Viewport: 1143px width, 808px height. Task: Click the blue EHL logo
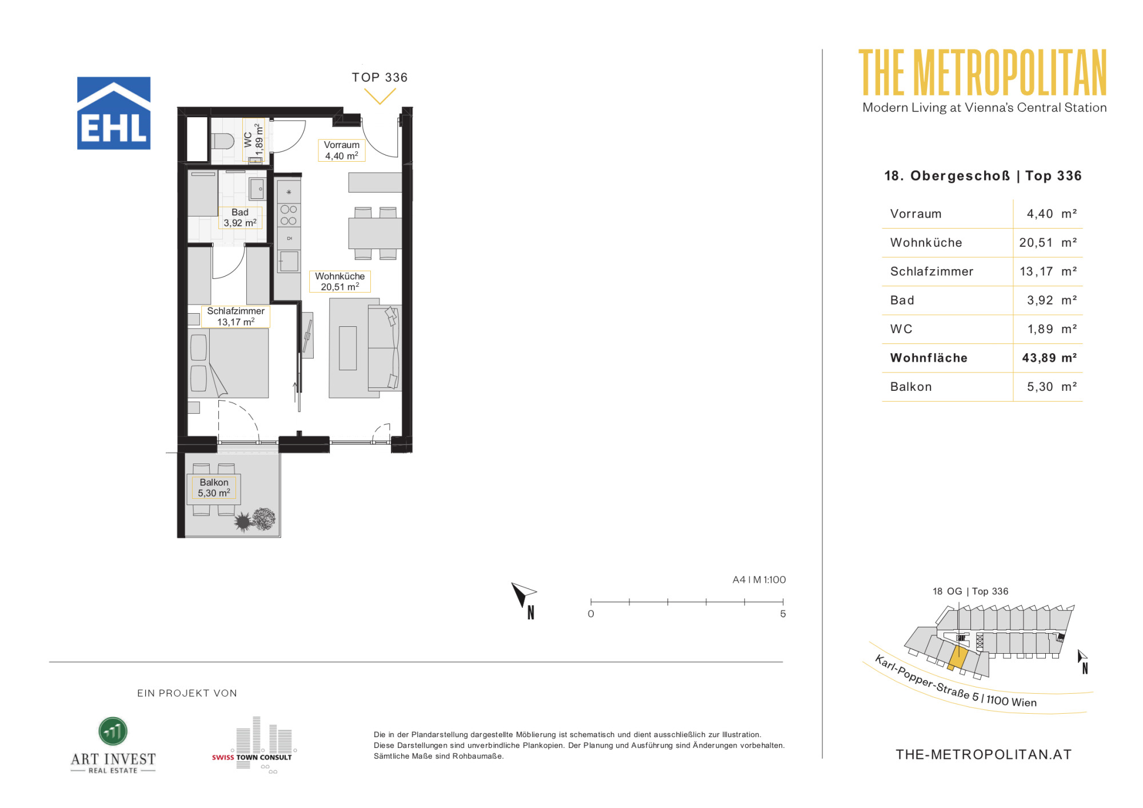click(114, 113)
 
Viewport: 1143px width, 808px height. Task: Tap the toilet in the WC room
click(222, 141)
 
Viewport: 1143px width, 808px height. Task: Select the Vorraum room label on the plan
click(342, 150)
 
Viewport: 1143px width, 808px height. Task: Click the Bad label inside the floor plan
click(240, 218)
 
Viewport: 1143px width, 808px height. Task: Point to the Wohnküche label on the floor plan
click(340, 282)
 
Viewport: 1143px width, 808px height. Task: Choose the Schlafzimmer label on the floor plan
click(235, 317)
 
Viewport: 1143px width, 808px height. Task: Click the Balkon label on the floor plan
click(214, 488)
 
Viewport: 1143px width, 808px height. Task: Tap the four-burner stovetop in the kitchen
click(289, 215)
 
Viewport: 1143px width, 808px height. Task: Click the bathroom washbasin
click(257, 189)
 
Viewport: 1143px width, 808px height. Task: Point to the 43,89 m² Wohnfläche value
click(1049, 358)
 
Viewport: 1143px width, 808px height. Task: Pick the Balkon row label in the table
click(911, 387)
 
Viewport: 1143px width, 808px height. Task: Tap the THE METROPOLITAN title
click(983, 73)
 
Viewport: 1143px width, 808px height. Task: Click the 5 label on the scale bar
click(783, 614)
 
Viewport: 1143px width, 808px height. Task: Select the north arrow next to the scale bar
click(523, 595)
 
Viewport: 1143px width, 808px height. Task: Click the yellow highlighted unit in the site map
click(958, 658)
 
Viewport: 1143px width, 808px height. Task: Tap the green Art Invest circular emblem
click(113, 731)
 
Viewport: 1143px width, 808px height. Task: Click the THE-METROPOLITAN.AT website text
click(984, 755)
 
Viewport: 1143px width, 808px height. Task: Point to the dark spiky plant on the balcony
click(243, 522)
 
